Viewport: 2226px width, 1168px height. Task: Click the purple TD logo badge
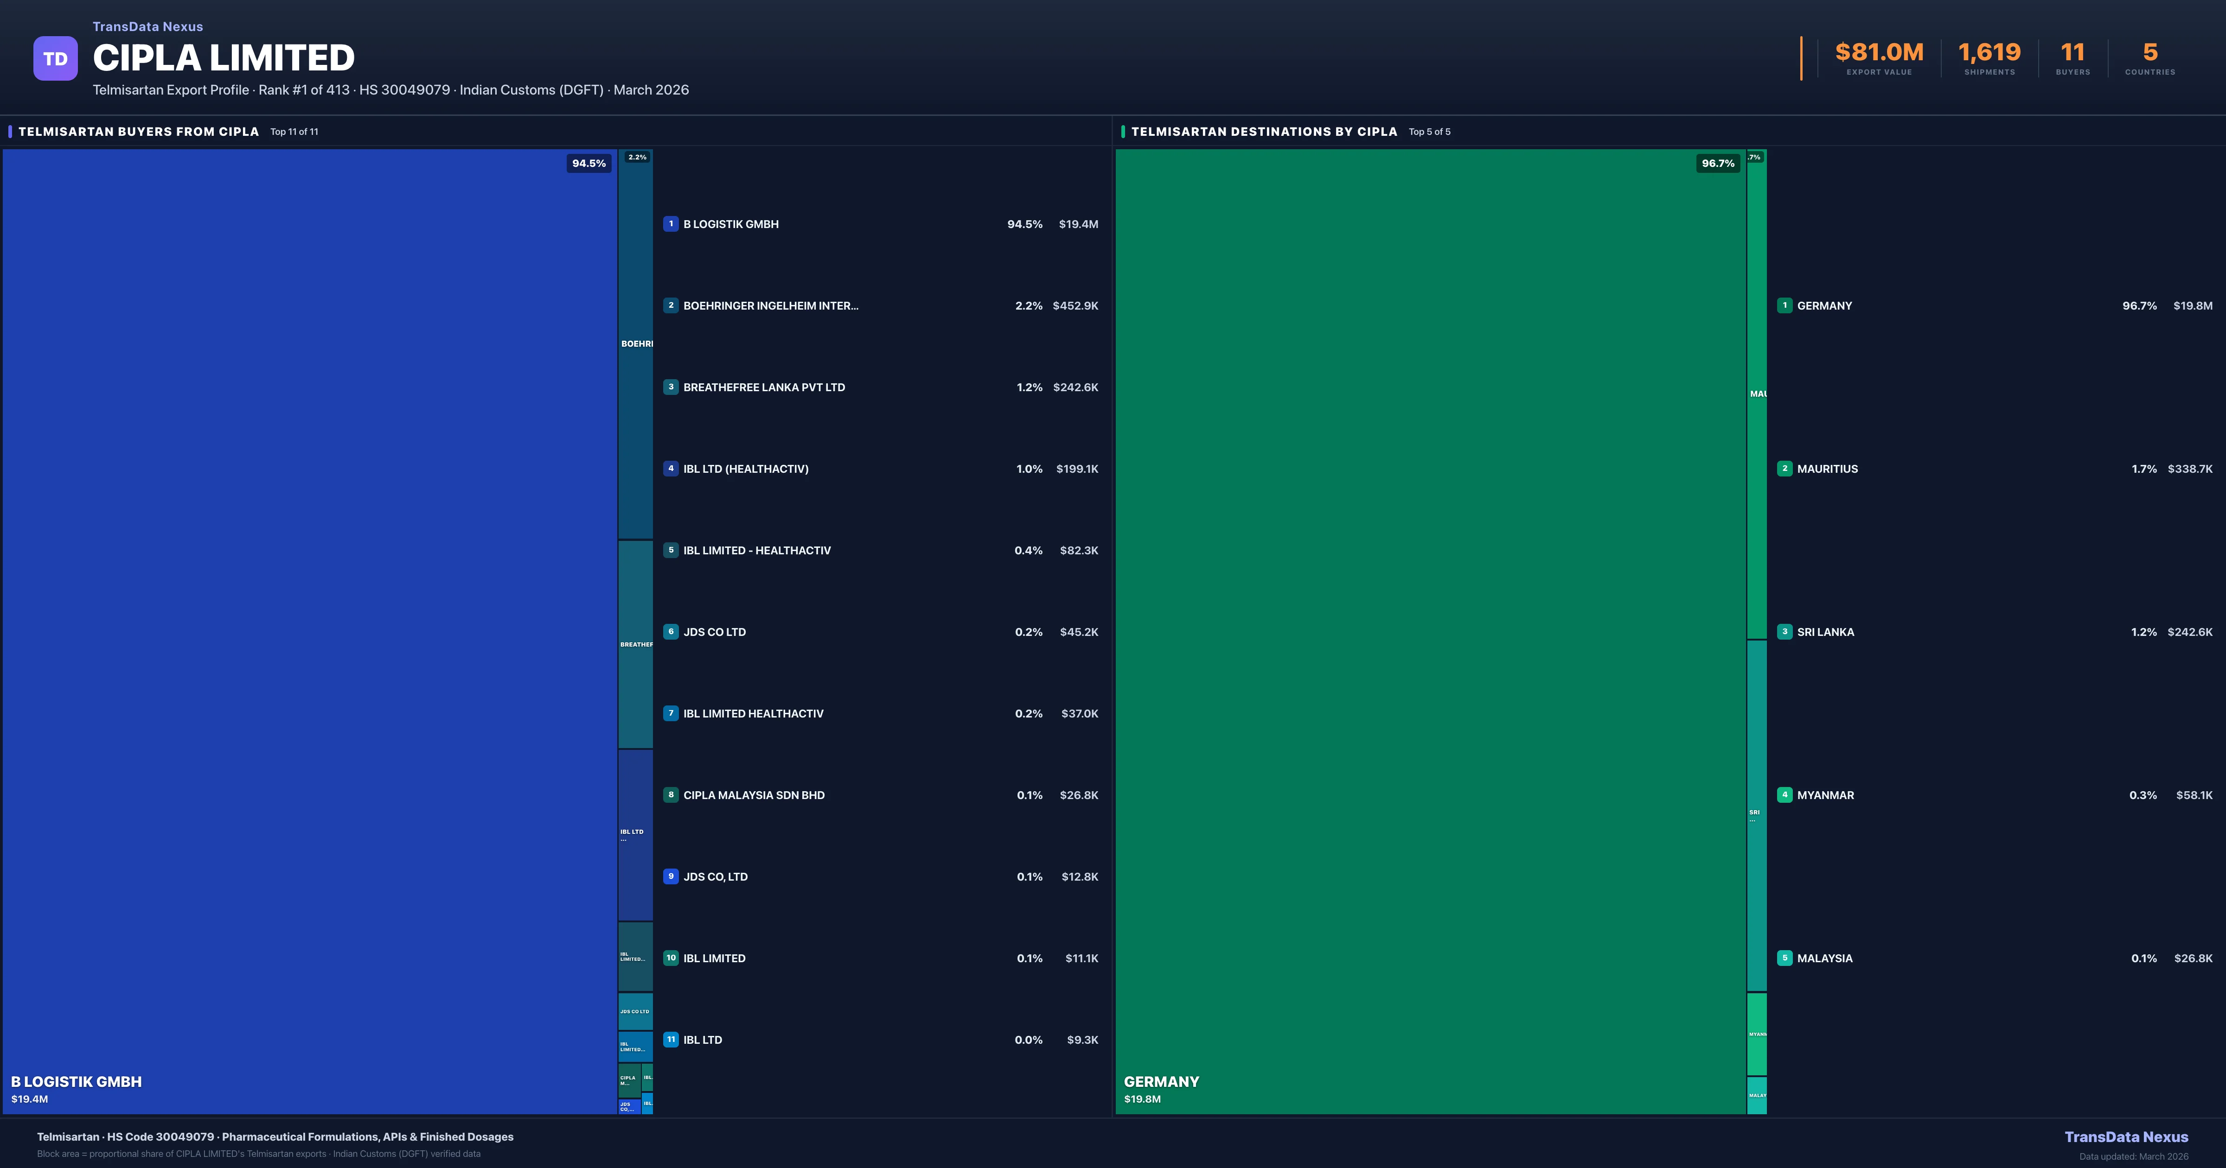pyautogui.click(x=55, y=59)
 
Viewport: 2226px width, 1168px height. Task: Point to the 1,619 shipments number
pyautogui.click(x=1989, y=53)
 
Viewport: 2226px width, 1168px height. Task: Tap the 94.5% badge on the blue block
pyautogui.click(x=588, y=163)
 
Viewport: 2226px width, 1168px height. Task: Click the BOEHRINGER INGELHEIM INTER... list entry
pyautogui.click(x=770, y=306)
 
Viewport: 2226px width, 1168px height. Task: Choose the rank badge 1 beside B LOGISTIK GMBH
pyautogui.click(x=671, y=224)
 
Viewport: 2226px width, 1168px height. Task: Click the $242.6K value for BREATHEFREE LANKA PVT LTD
pyautogui.click(x=1075, y=387)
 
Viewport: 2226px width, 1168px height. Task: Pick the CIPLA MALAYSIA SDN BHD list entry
pyautogui.click(x=754, y=795)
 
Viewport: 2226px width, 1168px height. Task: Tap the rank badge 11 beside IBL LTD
pyautogui.click(x=671, y=1039)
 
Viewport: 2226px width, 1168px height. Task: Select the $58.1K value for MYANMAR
pyautogui.click(x=2194, y=795)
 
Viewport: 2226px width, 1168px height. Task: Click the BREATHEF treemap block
pyautogui.click(x=635, y=644)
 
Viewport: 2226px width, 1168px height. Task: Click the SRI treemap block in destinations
pyautogui.click(x=1756, y=815)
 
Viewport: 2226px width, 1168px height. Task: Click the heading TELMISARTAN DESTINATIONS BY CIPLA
pyautogui.click(x=1263, y=131)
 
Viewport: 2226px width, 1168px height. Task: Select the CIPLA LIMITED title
pyautogui.click(x=224, y=58)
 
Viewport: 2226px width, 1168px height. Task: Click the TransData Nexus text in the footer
pyautogui.click(x=2126, y=1137)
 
